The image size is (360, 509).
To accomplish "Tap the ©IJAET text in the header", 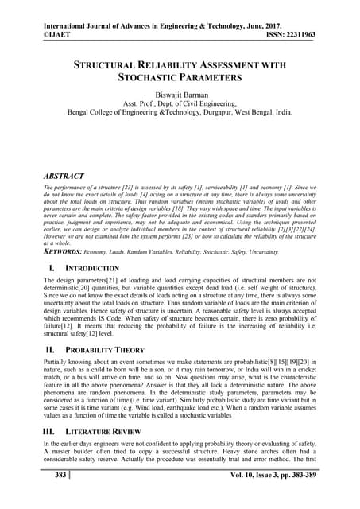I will point(59,23).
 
